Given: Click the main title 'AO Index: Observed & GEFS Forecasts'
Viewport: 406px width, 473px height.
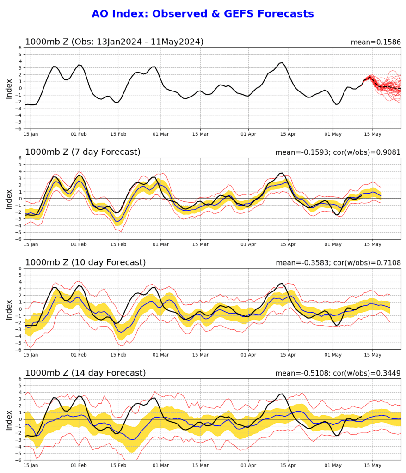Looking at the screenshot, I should pos(203,14).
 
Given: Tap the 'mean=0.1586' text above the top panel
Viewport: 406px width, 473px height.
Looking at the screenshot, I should pos(375,42).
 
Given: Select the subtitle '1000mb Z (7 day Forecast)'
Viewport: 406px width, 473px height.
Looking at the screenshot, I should pos(83,152).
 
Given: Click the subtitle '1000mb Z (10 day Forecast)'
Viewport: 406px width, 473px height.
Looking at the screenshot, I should pos(85,262).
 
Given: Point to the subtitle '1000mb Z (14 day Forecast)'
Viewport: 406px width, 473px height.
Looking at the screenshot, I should pos(85,373).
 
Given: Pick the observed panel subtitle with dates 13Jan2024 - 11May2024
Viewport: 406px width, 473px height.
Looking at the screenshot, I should pos(114,42).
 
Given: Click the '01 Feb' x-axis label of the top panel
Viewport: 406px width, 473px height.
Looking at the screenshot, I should pos(79,135).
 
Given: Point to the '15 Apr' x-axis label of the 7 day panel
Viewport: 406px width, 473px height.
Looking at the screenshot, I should pos(288,245).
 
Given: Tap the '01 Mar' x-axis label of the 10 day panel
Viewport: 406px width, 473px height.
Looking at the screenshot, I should pos(161,356).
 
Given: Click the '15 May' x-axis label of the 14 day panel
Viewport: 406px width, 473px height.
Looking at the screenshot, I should pos(373,466).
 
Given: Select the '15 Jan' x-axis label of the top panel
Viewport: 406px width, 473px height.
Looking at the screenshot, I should pos(31,135).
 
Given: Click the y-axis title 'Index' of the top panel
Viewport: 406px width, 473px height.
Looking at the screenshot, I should pos(9,88).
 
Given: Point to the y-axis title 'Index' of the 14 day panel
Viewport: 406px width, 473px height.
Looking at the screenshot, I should pos(9,419).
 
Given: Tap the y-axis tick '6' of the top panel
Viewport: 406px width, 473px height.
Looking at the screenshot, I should pos(20,48).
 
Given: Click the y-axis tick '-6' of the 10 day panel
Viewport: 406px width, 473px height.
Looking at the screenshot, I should pos(19,350).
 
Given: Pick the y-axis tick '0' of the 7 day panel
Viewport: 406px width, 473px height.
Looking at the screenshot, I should pos(20,199).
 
